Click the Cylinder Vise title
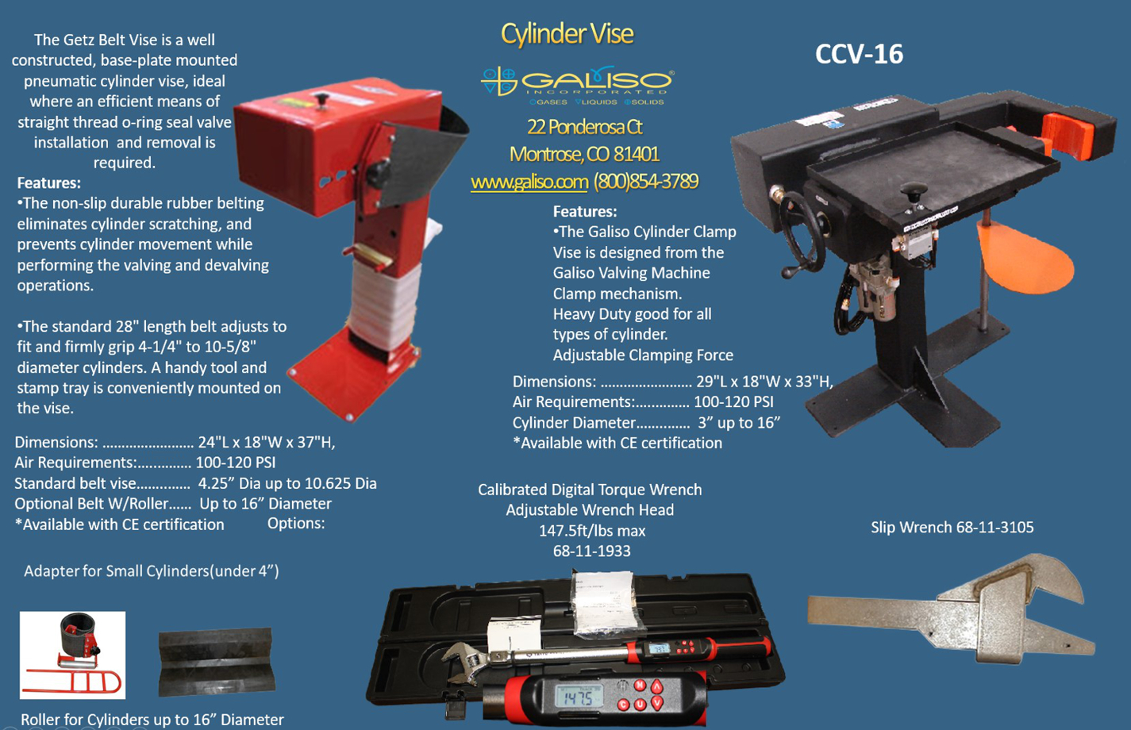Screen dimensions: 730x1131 [x=567, y=34]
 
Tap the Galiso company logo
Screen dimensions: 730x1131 [x=577, y=83]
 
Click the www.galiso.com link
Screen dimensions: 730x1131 [x=529, y=182]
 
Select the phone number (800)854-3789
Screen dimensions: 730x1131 [x=645, y=182]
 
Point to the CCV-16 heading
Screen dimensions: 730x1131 [x=859, y=54]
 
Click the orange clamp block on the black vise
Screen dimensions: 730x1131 [x=1067, y=134]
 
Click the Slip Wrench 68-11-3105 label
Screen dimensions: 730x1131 [x=952, y=528]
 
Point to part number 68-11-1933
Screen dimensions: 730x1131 [x=591, y=551]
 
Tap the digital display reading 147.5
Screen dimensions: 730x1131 [x=578, y=697]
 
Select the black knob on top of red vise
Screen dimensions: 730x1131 [x=321, y=100]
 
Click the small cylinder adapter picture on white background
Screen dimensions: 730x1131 [x=72, y=655]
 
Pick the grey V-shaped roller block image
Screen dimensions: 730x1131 [x=216, y=660]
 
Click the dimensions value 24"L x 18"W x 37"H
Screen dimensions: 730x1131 [x=267, y=443]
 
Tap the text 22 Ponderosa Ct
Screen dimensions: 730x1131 [x=584, y=127]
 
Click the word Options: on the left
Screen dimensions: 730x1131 [x=296, y=524]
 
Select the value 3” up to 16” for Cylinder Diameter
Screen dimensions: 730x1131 [x=738, y=423]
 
